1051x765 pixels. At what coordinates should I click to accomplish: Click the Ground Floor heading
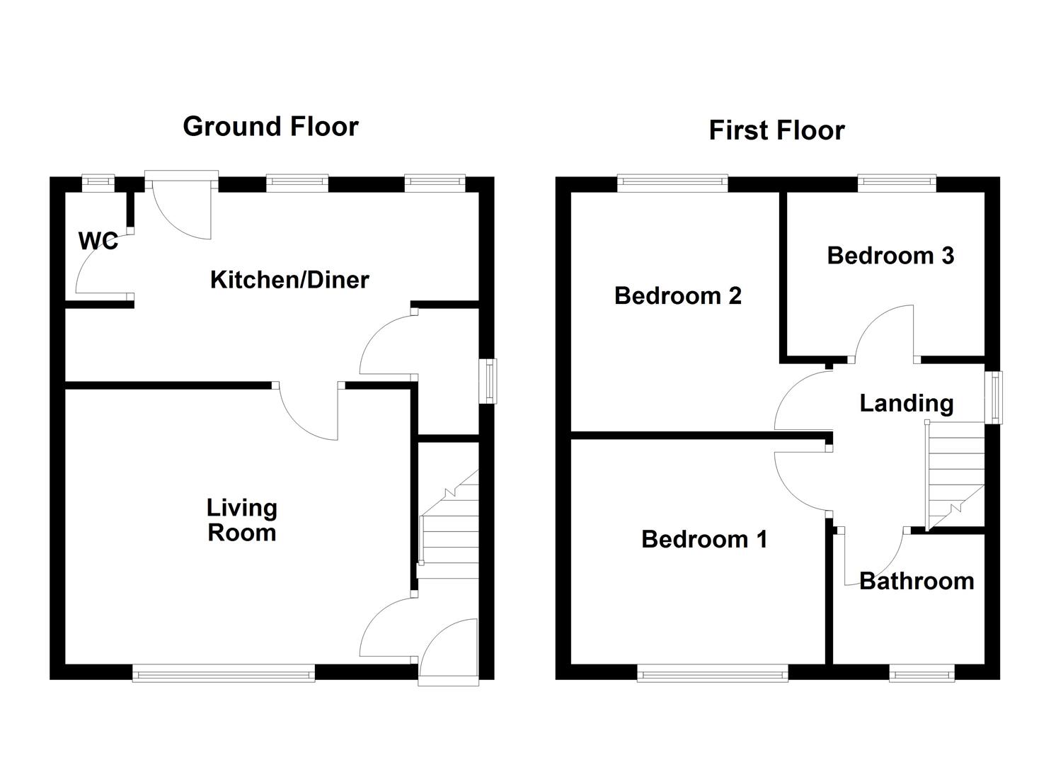pyautogui.click(x=270, y=127)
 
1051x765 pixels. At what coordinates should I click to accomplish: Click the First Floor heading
pyautogui.click(x=776, y=131)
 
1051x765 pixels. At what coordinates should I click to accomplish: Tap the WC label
pyautogui.click(x=98, y=242)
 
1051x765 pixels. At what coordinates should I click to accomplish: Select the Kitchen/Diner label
pyautogui.click(x=289, y=280)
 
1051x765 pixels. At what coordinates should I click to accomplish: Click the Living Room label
pyautogui.click(x=241, y=520)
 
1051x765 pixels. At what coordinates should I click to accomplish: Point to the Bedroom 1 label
pyautogui.click(x=703, y=540)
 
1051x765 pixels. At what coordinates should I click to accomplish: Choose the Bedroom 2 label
pyautogui.click(x=677, y=295)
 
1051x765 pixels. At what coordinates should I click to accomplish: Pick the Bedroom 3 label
pyautogui.click(x=890, y=256)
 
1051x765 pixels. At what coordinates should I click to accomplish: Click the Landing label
pyautogui.click(x=906, y=403)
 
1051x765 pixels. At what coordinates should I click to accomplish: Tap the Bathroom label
pyautogui.click(x=916, y=582)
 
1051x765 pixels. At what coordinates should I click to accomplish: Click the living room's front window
pyautogui.click(x=224, y=673)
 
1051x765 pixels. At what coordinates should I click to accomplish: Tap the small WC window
pyautogui.click(x=97, y=183)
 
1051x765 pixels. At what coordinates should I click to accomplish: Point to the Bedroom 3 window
pyautogui.click(x=897, y=183)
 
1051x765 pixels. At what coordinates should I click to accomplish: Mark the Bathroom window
pyautogui.click(x=921, y=673)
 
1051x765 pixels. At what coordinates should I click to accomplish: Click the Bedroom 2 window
pyautogui.click(x=672, y=183)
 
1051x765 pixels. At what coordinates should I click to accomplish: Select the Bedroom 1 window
pyautogui.click(x=712, y=673)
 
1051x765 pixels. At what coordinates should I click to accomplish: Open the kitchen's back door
pyautogui.click(x=181, y=205)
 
